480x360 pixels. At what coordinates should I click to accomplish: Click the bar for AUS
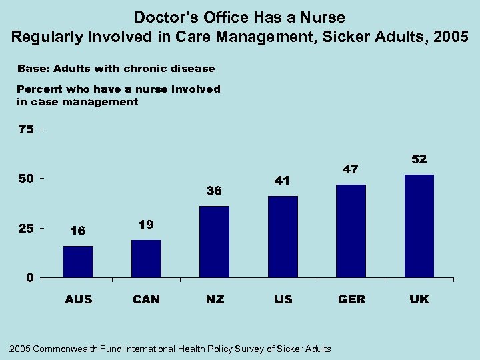coord(78,261)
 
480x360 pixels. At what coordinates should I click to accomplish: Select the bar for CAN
coord(146,259)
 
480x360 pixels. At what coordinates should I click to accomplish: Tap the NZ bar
coord(214,241)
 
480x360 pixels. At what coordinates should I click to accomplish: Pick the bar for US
coord(283,237)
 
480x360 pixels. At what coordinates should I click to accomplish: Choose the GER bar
coord(351,231)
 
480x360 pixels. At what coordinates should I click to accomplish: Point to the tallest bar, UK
coord(419,226)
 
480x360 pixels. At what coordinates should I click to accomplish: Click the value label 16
coord(77,231)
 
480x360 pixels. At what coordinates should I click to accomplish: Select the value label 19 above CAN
coord(146,225)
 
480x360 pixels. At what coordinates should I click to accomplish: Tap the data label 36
coord(214,191)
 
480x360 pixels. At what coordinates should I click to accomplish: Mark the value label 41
coord(283,181)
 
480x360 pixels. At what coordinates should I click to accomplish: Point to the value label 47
coord(351,169)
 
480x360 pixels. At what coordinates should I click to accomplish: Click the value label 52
coord(419,159)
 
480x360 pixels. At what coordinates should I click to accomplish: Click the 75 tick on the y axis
coord(25,129)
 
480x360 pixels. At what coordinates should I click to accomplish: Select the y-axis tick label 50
coord(25,179)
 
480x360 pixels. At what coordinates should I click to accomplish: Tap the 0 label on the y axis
coord(30,278)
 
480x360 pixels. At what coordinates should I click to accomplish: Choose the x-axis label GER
coord(351,299)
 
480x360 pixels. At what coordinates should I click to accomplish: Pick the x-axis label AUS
coord(79,299)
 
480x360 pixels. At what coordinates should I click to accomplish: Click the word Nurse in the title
coord(322,17)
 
